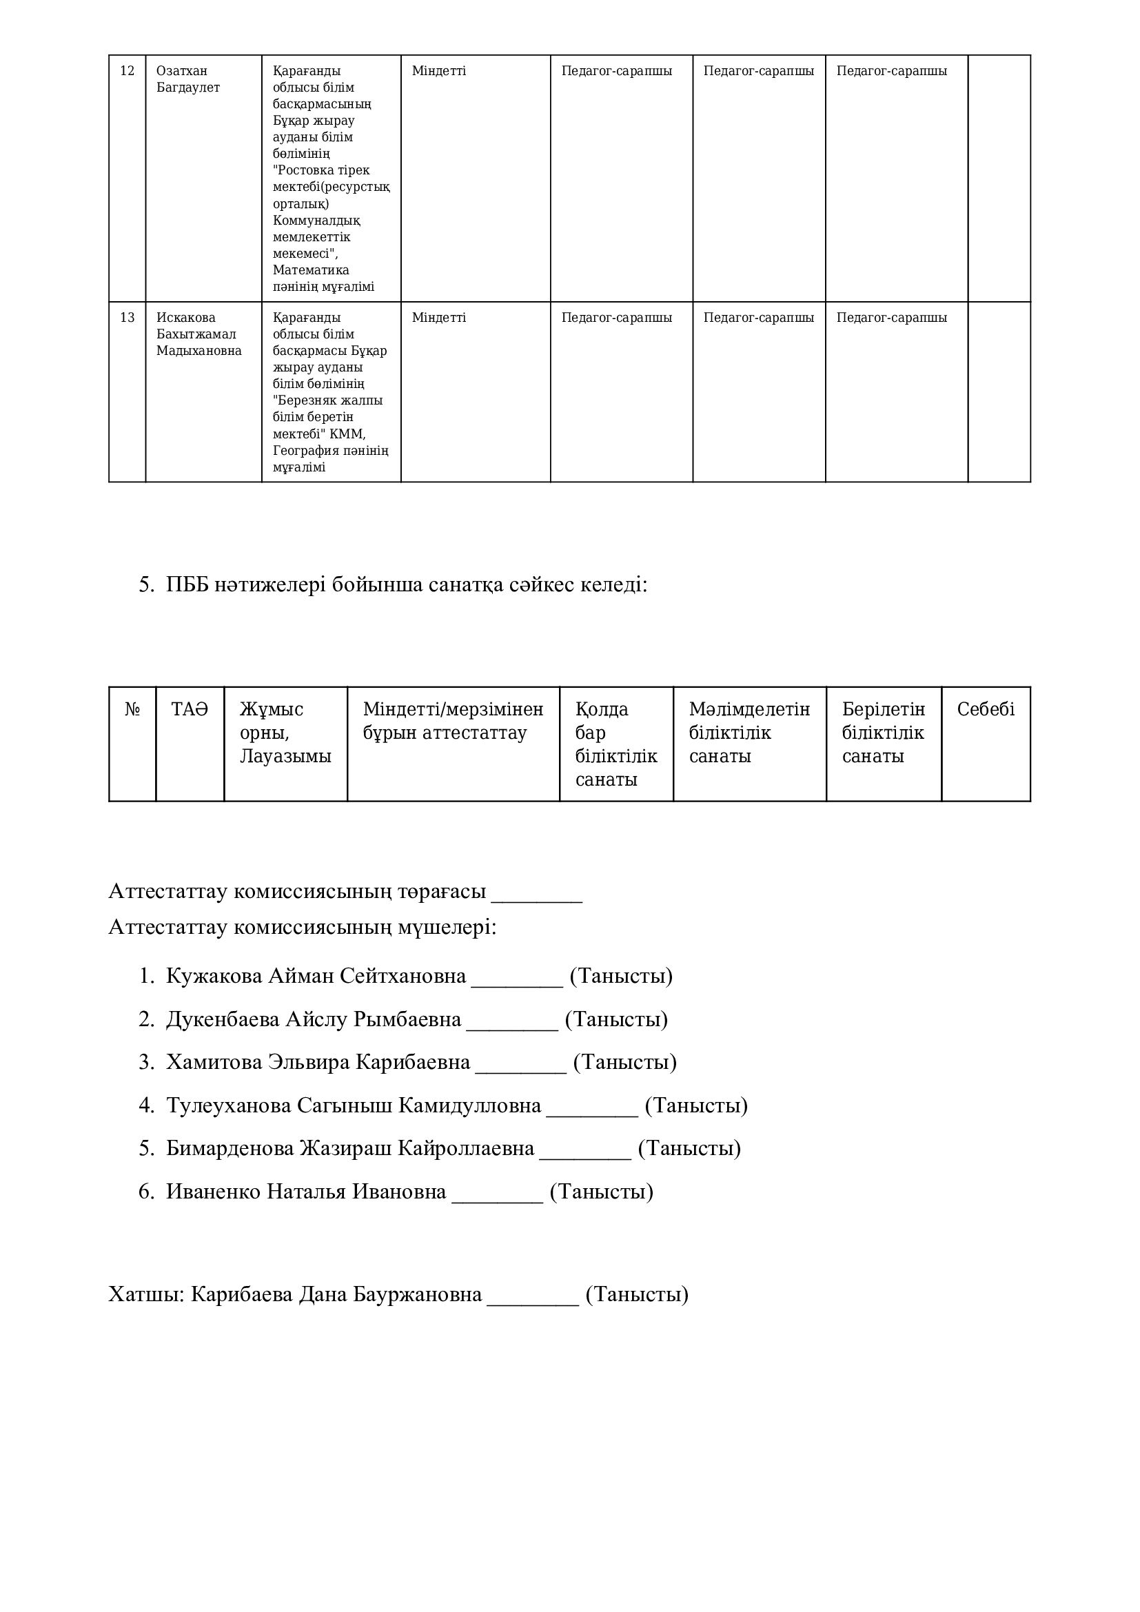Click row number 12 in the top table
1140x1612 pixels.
point(127,71)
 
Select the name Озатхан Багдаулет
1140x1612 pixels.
point(187,79)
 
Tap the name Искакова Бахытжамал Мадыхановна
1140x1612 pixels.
point(199,334)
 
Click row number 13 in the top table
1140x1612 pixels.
point(127,317)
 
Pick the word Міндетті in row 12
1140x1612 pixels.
point(439,71)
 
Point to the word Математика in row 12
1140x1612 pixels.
point(310,270)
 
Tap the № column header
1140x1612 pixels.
point(132,709)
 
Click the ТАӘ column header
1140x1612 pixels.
point(190,709)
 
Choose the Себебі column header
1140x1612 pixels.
point(986,709)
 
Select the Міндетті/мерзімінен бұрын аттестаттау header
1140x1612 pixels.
point(453,721)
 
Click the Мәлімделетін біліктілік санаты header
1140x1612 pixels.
point(749,733)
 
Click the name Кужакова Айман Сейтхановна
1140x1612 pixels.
point(316,976)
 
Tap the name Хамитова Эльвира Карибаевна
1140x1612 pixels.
point(318,1062)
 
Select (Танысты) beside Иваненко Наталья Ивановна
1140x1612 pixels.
point(601,1192)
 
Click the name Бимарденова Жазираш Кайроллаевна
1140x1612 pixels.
point(350,1149)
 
